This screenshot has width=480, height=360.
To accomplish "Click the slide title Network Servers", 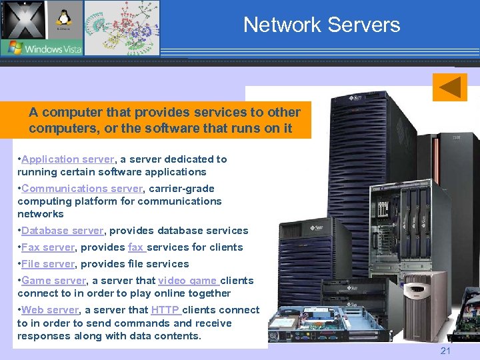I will tap(321, 25).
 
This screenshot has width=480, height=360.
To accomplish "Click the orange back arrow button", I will tap(449, 87).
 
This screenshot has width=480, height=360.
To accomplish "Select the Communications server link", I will tap(82, 189).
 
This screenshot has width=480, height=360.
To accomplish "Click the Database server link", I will tap(62, 231).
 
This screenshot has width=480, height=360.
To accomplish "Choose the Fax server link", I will tap(48, 247).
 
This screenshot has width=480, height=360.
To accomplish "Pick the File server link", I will tap(48, 264).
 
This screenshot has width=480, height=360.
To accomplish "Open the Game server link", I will tap(54, 281).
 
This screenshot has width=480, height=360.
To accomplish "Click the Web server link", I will tap(50, 310).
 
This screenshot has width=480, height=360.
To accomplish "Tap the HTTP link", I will tap(165, 310).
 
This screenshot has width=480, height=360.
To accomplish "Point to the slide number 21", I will tap(446, 351).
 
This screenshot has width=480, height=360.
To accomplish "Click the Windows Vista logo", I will tap(41, 47).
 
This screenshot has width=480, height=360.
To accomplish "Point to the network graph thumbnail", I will tap(122, 28).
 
